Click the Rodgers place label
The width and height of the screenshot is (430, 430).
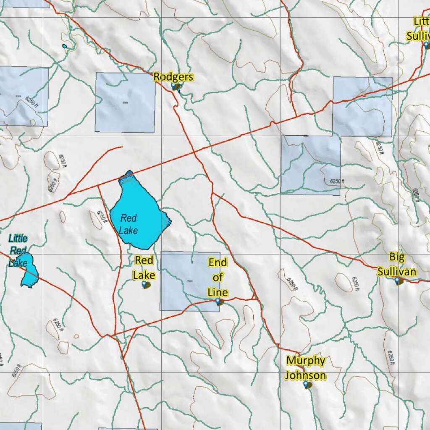(173, 77)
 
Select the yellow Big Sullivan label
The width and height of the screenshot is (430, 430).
(396, 264)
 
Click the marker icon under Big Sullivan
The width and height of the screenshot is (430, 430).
(398, 281)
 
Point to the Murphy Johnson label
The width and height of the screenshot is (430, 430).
(306, 368)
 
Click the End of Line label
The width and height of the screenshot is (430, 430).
(218, 277)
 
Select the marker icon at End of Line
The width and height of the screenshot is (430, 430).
(218, 302)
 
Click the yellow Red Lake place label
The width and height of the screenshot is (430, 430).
(144, 268)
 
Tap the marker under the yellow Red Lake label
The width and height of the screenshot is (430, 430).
(146, 285)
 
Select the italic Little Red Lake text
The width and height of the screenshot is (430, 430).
(18, 250)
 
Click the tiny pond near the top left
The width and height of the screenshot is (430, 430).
(65, 46)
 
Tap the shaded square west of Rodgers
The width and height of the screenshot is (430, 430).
(125, 102)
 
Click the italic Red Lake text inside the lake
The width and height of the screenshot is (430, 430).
(128, 224)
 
